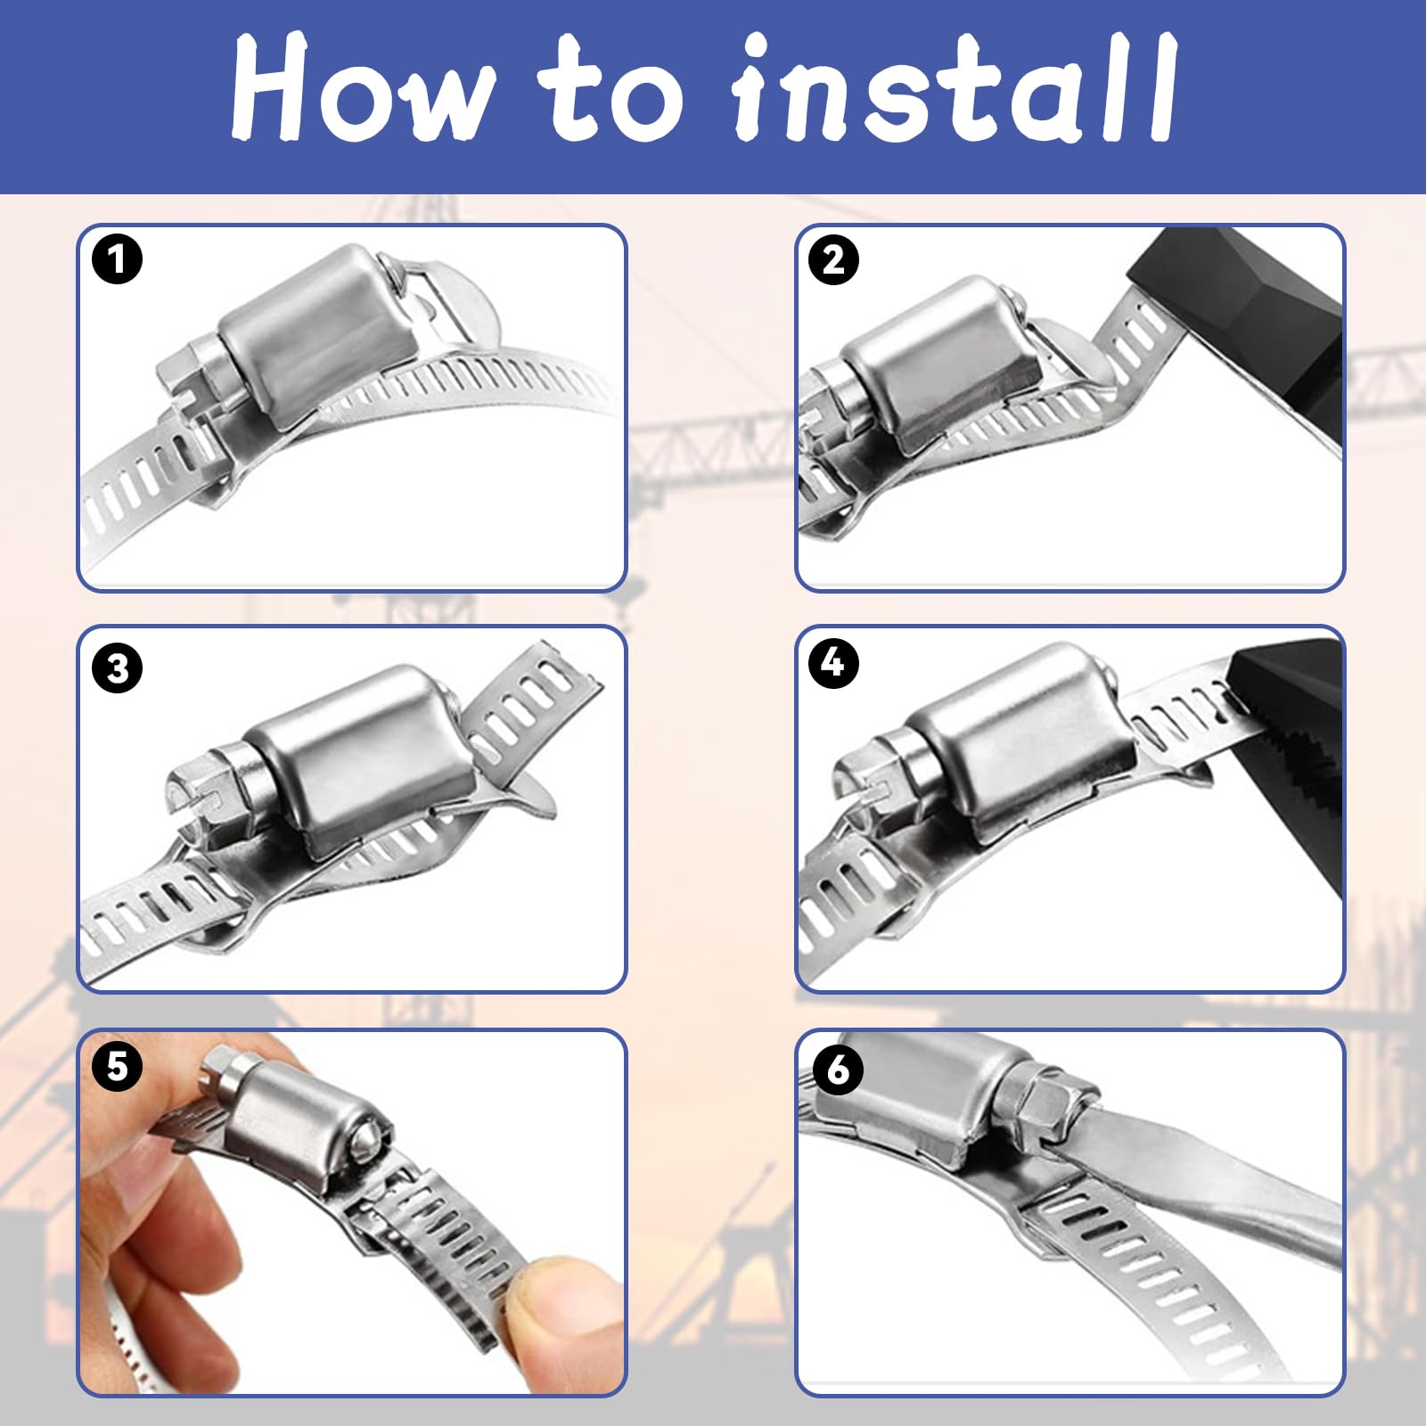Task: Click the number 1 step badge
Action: tap(117, 259)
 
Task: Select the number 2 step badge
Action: tap(833, 259)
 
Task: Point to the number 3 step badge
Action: tap(117, 668)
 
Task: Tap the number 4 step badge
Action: tap(833, 662)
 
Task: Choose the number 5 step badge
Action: tap(117, 1066)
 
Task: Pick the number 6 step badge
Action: tap(838, 1069)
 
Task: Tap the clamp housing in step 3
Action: tap(356, 758)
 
